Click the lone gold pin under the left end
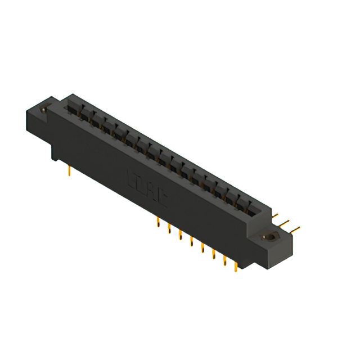tap(69, 170)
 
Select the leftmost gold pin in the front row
tap(158, 222)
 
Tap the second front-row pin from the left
tap(169, 229)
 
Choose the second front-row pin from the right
tap(225, 262)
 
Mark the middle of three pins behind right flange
tap(287, 222)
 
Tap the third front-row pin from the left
tap(180, 236)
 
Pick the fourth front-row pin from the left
tap(191, 242)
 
